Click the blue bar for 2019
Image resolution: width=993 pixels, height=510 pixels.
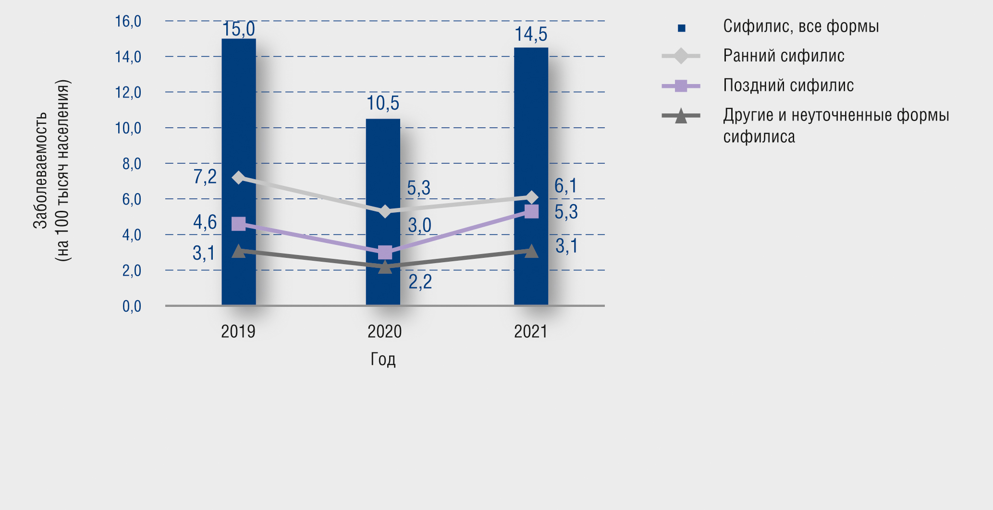coord(239,120)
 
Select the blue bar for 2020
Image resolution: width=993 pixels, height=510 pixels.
coord(383,168)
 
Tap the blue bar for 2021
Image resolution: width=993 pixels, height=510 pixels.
coord(531,120)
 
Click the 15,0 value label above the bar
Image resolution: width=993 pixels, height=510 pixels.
coord(239,29)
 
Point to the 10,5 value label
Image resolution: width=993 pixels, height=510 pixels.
coord(383,103)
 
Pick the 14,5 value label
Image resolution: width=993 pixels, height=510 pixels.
coord(531,35)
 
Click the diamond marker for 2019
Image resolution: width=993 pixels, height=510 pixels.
coord(239,178)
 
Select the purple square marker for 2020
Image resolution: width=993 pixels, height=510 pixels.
coord(385,252)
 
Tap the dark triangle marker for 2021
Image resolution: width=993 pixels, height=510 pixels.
coord(531,251)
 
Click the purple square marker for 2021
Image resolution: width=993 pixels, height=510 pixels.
coord(531,211)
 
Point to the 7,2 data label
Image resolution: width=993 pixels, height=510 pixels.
coord(205,177)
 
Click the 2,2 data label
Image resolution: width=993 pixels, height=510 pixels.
coord(420,281)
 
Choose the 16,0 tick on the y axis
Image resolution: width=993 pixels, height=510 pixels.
coord(128,21)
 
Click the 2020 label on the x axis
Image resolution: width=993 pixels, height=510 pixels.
coord(384,331)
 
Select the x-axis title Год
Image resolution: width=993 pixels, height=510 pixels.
coord(383,359)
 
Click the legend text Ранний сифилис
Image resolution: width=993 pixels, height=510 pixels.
coord(784,56)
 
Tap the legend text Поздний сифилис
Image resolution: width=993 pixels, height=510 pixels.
coord(788,85)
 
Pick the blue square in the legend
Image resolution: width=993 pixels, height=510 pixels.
coord(681,28)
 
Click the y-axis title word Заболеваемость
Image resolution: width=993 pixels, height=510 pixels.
coord(40,170)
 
